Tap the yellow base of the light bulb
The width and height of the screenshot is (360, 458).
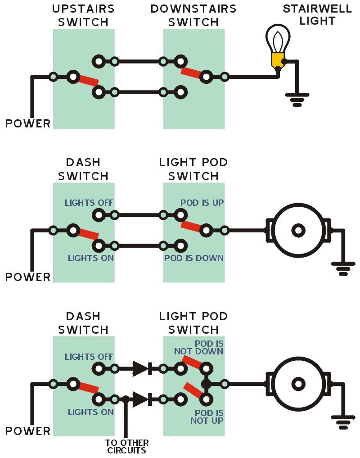[x=278, y=60]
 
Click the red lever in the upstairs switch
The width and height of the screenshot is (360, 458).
[x=88, y=80]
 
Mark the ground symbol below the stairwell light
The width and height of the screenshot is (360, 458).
[x=297, y=99]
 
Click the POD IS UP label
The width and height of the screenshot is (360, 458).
[x=202, y=203]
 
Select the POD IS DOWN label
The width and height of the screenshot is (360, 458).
[x=194, y=258]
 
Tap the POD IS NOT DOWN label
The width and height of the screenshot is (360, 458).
[x=209, y=348]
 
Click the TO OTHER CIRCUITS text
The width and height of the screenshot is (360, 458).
[x=126, y=446]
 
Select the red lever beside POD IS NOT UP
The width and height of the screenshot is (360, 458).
[x=193, y=390]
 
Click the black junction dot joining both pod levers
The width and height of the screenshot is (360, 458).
[x=206, y=384]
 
